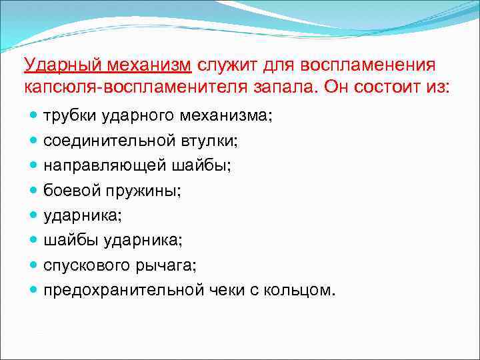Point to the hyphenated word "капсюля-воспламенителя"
coord(118,87)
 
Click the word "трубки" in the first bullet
coord(70,116)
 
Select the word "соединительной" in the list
coord(97,141)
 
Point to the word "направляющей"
coord(90,166)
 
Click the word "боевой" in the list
coord(71,191)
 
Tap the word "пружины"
coord(142,191)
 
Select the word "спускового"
coord(85,266)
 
